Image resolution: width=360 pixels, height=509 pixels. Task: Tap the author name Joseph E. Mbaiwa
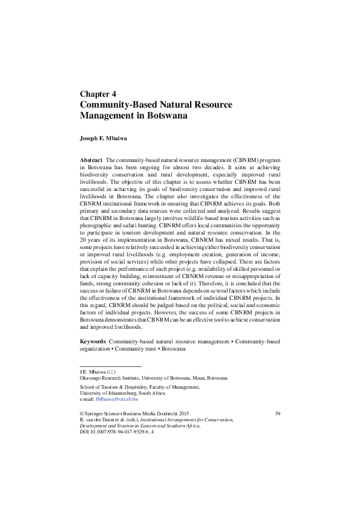(x=107, y=138)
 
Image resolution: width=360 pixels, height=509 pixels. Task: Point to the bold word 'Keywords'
(x=93, y=342)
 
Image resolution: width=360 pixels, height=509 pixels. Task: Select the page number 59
(x=278, y=413)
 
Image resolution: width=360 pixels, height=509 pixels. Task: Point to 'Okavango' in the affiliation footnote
(x=91, y=377)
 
